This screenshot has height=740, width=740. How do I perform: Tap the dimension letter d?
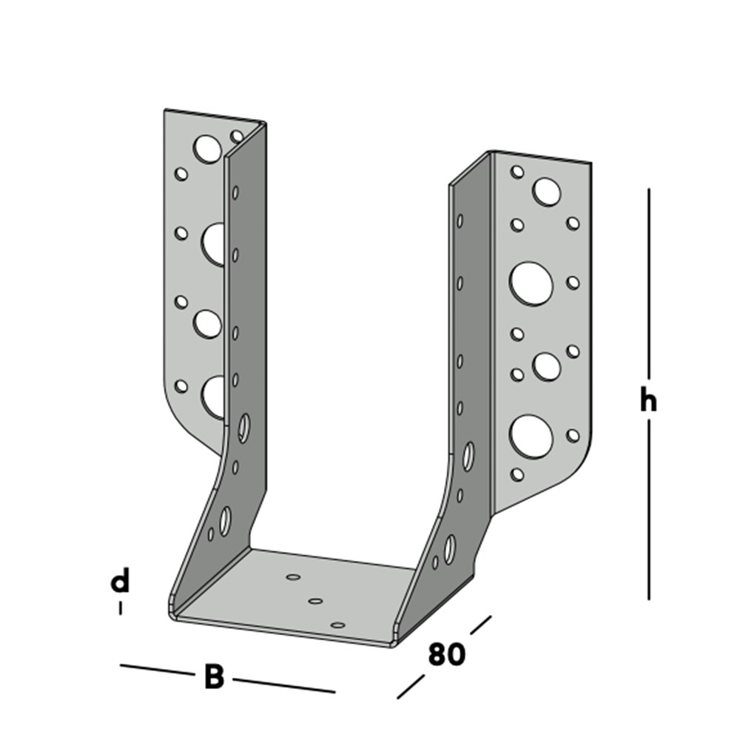coord(120,581)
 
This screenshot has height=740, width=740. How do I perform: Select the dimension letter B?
coord(214,676)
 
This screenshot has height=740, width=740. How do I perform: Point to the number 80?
coord(447,654)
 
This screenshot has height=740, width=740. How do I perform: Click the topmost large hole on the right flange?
coord(546,192)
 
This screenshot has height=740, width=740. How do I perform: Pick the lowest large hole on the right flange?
coord(531,436)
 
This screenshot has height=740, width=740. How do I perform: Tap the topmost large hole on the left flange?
coord(207,149)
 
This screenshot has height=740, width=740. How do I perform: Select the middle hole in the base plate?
coord(316,601)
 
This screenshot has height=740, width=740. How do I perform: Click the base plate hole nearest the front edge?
coord(337,625)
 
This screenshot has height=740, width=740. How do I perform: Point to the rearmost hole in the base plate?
coord(293,576)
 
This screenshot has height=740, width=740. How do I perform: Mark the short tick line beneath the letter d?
coord(120,609)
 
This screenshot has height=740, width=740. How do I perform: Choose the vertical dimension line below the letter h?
coord(649,511)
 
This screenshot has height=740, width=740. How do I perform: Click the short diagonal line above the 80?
coord(477,625)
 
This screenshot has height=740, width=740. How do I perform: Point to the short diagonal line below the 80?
coord(411,685)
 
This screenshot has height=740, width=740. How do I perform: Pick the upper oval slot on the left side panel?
coord(243,428)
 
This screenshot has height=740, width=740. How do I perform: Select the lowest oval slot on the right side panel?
coord(449,548)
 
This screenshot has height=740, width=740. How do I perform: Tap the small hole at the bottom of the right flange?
coord(517,474)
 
